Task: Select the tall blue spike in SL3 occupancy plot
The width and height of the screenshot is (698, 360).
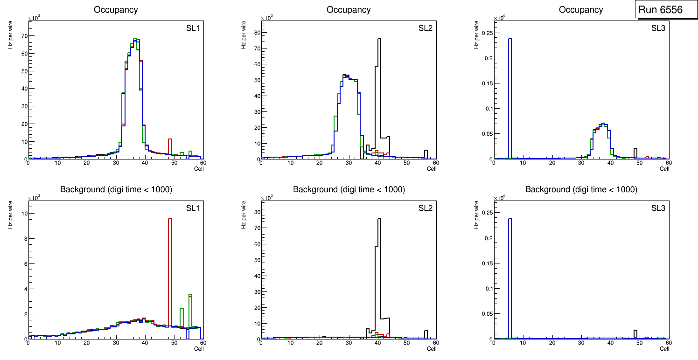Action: pos(510,93)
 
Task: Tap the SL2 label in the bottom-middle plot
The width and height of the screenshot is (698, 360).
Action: pos(425,208)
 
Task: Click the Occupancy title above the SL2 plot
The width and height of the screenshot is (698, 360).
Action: pos(349,10)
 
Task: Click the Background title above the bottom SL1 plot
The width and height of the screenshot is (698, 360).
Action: pos(116,189)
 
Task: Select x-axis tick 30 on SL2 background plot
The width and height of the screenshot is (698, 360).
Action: pos(349,343)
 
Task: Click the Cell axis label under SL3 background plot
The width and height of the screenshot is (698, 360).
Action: pos(664,349)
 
